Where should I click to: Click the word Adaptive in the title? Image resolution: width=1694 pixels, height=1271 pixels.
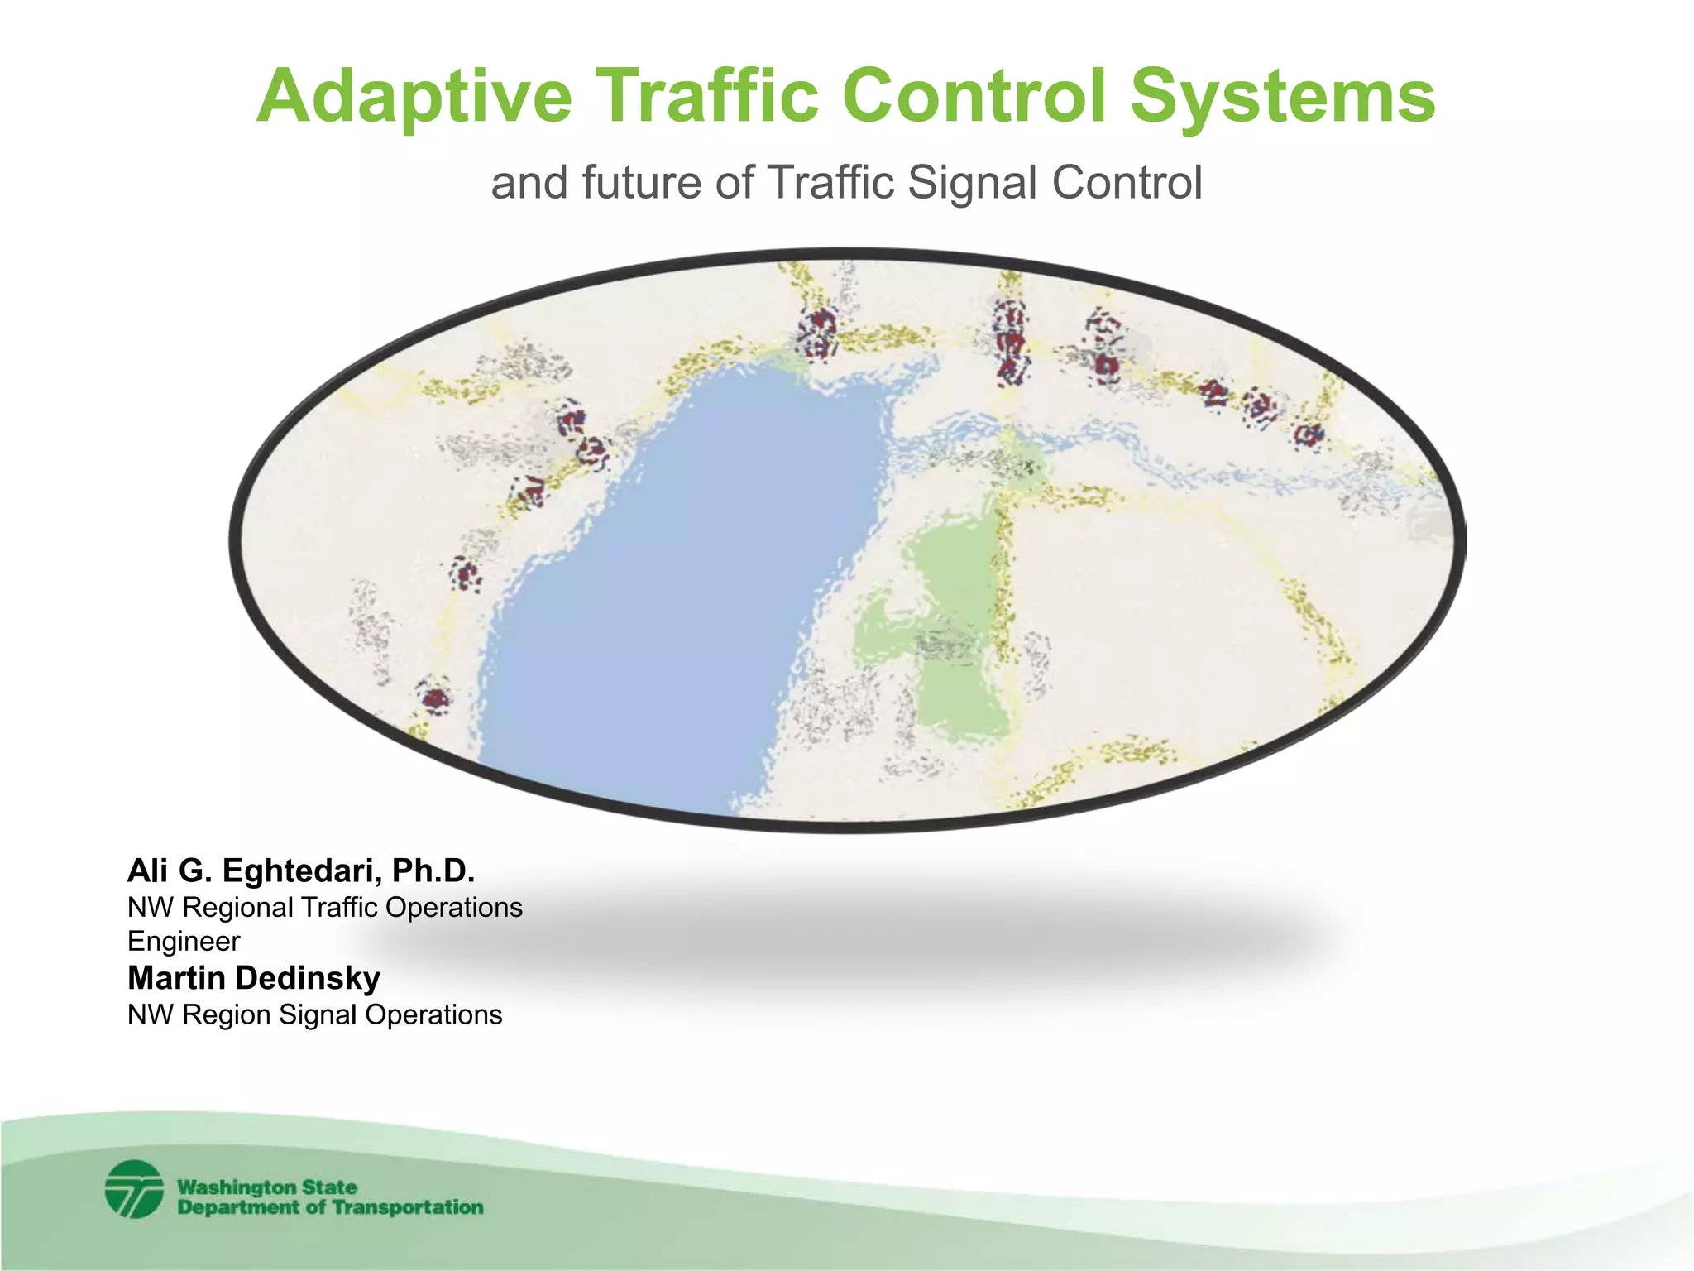[414, 97]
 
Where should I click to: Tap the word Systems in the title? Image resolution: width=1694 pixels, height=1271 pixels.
[1282, 97]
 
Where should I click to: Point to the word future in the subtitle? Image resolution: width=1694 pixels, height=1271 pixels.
[642, 183]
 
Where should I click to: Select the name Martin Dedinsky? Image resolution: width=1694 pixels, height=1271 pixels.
[254, 978]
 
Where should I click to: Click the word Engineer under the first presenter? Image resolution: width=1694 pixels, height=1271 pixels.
[184, 942]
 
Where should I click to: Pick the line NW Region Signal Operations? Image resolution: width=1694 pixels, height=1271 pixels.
[314, 1014]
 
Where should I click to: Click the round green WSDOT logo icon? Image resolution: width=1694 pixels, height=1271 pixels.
[134, 1189]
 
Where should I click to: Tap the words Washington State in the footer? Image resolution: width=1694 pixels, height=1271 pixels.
[267, 1187]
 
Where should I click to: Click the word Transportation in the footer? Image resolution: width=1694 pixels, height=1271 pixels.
[407, 1207]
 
